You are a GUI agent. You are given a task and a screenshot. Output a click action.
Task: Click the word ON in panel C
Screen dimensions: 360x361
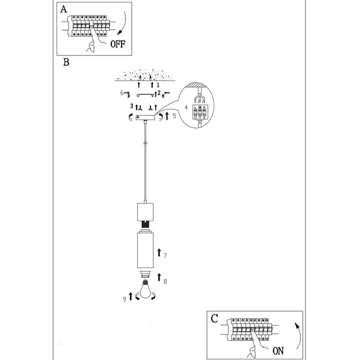277,351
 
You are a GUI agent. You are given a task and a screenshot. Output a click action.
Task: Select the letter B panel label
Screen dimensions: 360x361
66,61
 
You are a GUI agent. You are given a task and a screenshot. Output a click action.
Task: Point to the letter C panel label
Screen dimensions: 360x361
214,319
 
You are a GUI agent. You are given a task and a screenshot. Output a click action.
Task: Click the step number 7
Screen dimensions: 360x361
165,255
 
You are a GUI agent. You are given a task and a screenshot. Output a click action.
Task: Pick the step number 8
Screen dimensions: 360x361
165,280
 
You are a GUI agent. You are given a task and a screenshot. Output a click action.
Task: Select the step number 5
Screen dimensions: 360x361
173,115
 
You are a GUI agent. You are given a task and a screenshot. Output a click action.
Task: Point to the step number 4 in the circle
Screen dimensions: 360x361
186,108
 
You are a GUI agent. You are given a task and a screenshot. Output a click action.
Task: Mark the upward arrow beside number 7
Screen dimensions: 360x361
158,252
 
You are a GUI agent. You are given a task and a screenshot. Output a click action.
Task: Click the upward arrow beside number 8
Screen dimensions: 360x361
158,277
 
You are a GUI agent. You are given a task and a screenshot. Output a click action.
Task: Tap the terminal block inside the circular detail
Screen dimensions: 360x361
200,112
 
